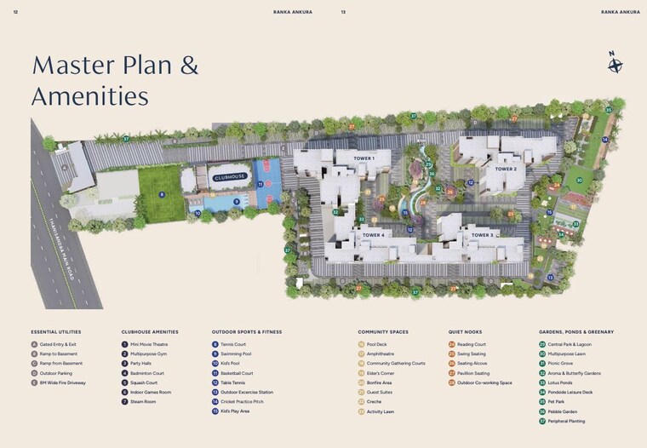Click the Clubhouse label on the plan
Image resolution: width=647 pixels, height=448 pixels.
(230, 177)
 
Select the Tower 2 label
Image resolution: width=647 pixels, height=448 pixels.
(506, 169)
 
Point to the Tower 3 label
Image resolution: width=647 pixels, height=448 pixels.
(482, 234)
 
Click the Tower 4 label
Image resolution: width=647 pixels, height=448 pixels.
(373, 234)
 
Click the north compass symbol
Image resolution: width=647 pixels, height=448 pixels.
(614, 63)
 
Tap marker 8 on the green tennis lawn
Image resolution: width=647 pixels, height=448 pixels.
(162, 194)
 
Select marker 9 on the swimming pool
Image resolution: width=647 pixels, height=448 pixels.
(236, 202)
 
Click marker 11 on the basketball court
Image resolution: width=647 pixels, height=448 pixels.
(261, 184)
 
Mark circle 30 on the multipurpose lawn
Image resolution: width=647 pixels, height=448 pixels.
(580, 181)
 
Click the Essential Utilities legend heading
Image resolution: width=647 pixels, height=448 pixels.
(55, 332)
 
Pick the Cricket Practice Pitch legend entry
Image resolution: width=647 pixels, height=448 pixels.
(242, 402)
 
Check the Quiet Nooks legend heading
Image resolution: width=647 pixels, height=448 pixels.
(465, 332)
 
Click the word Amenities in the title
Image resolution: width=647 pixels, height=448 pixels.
(89, 95)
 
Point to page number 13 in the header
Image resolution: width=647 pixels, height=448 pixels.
(343, 12)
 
